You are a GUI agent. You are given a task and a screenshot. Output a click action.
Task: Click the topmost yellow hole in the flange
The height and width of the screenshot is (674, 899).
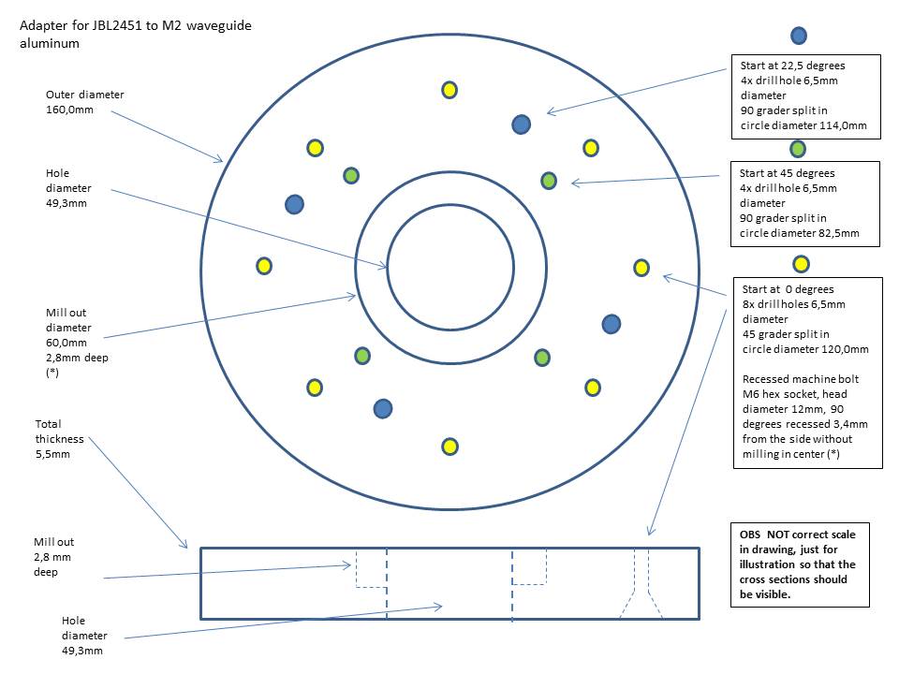449,90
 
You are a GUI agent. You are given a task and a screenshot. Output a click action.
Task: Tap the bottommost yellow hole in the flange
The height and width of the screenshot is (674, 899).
449,447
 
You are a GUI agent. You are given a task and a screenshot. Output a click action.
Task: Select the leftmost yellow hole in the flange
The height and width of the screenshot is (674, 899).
264,266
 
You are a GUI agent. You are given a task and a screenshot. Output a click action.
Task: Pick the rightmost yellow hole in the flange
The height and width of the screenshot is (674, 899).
641,268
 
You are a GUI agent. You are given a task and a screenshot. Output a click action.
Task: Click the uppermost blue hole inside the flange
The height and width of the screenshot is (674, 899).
522,124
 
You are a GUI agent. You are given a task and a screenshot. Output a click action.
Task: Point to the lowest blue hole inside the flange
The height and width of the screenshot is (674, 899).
382,408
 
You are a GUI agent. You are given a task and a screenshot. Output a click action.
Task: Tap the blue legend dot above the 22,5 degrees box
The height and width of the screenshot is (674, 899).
799,36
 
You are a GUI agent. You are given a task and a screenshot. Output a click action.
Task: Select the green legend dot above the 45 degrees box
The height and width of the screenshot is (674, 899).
798,148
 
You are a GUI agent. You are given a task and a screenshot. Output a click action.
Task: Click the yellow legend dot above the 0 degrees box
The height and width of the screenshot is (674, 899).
801,263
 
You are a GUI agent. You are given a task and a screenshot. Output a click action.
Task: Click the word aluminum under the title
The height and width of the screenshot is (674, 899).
46,43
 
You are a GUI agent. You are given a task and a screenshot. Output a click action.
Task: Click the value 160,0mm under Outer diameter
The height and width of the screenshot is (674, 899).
69,110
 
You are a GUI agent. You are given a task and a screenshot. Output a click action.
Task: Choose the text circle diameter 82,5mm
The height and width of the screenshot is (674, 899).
799,233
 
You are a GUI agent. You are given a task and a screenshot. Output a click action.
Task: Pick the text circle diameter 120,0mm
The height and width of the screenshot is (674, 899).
804,349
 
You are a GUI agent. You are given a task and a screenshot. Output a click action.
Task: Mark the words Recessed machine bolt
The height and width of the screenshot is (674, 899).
800,379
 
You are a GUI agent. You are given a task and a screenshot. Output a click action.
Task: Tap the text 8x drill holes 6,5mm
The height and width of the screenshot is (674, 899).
793,304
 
